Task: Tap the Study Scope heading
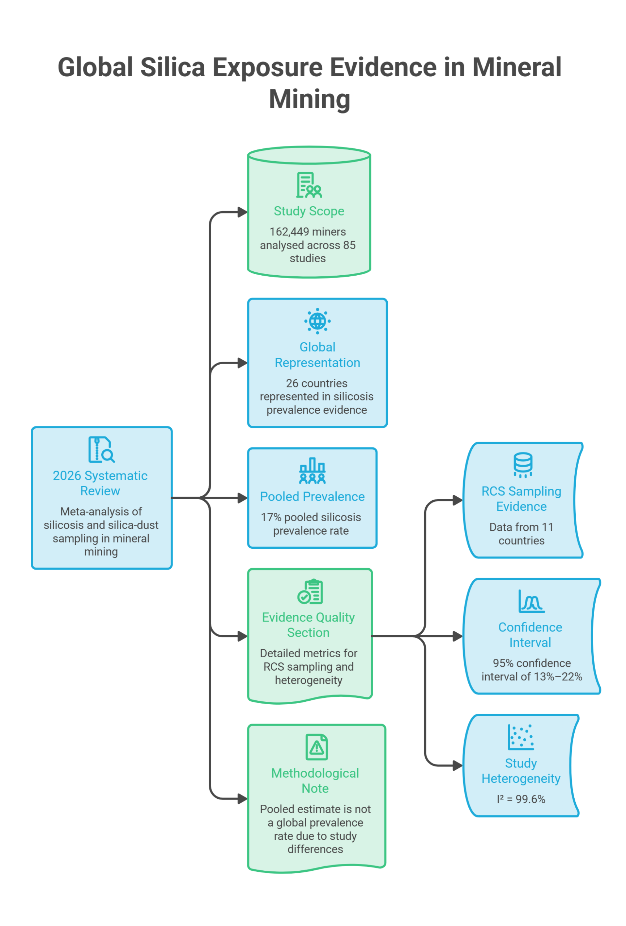[309, 211]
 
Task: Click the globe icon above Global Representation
[317, 321]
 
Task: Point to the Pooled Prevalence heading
[312, 497]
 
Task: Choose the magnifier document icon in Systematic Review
[102, 450]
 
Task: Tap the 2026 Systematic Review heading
[100, 483]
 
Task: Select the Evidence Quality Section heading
[308, 625]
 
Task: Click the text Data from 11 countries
[521, 534]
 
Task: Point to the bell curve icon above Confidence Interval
[531, 601]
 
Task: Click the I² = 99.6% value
[521, 799]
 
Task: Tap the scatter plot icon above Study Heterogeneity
[521, 737]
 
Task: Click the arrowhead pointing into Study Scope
[242, 212]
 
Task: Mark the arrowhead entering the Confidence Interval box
[458, 636]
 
